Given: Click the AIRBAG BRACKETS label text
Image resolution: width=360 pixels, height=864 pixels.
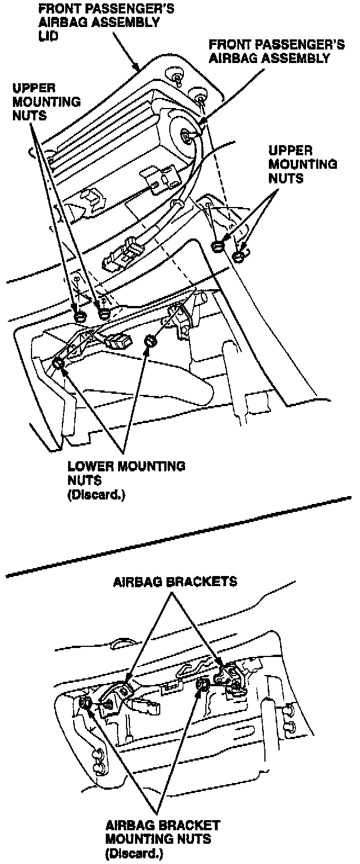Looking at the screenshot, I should point(175,582).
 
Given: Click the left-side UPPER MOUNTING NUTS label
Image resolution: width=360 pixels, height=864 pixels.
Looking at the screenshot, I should point(47,103).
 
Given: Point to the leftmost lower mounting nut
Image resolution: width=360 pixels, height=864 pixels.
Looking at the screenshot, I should point(58,364).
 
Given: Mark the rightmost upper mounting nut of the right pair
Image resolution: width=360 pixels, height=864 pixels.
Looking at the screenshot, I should point(238,257).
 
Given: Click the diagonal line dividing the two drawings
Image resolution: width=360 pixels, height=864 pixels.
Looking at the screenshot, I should point(180,537).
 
